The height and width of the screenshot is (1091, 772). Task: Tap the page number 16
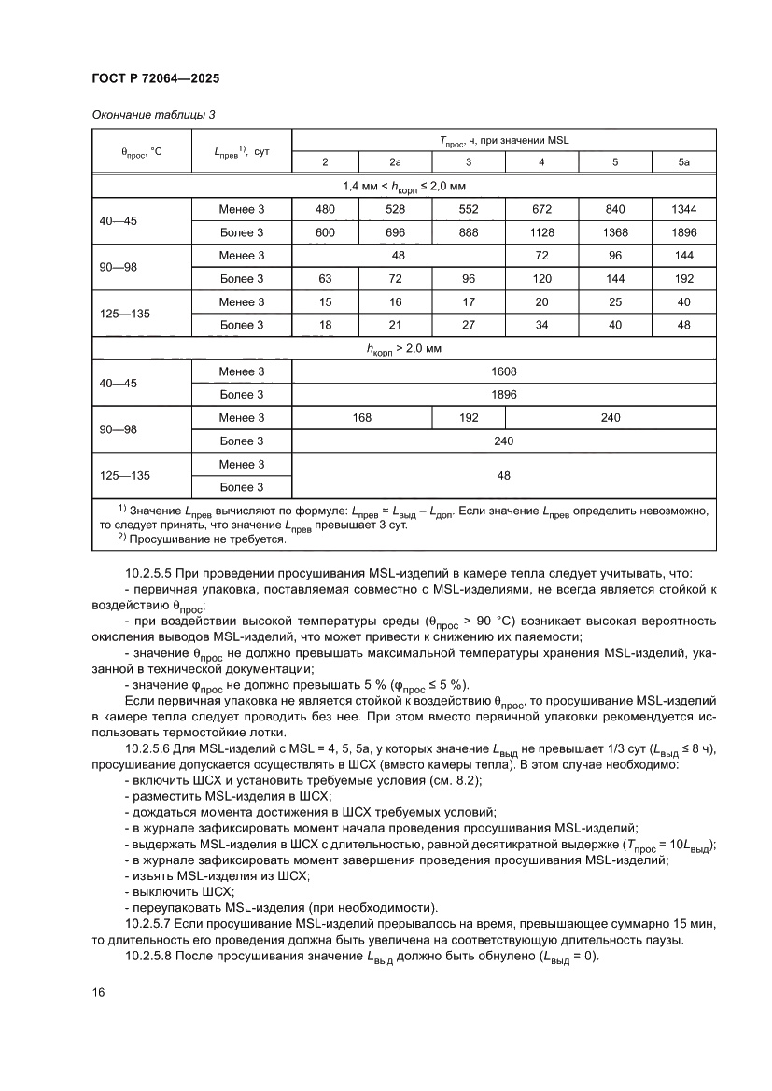(x=98, y=991)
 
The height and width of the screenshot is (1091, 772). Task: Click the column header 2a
(x=396, y=162)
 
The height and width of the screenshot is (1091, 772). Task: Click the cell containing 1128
(x=541, y=232)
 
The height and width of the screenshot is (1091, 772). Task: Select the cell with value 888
(x=469, y=232)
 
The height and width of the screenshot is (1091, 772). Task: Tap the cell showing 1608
(x=504, y=371)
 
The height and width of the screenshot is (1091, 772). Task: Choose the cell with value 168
(x=362, y=418)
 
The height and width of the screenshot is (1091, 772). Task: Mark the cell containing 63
(x=325, y=279)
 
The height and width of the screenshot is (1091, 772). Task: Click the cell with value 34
(x=541, y=325)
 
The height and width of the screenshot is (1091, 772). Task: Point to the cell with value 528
(x=396, y=209)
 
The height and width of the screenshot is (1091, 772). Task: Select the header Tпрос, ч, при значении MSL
(x=504, y=140)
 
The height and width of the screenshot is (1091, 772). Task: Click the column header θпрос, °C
(x=142, y=151)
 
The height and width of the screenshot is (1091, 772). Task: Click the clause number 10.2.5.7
(x=149, y=922)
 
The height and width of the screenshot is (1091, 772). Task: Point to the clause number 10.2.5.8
(x=149, y=957)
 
